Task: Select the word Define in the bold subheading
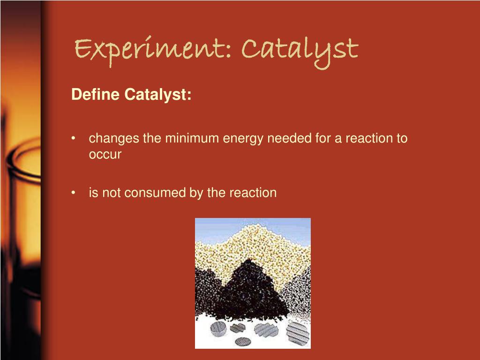96,95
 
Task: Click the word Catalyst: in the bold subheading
158,95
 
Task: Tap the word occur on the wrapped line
105,155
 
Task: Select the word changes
114,139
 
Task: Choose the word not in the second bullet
110,193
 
